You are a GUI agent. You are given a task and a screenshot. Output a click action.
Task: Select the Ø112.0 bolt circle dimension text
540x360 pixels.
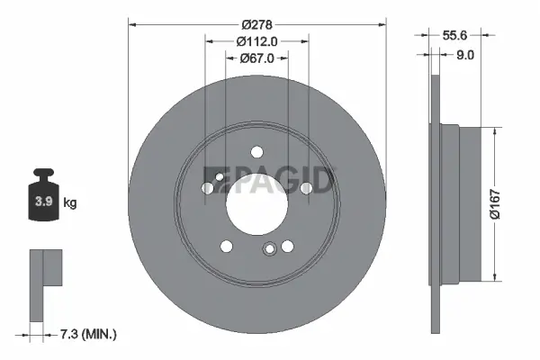tap(256, 40)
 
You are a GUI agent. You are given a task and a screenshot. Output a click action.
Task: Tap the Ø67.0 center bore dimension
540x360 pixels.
tap(256, 58)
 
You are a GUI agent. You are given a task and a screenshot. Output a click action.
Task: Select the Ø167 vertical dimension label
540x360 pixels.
tap(509, 204)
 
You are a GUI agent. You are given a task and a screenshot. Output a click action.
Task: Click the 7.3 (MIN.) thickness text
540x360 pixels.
tap(86, 334)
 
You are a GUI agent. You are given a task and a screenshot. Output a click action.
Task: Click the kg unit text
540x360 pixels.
tap(70, 203)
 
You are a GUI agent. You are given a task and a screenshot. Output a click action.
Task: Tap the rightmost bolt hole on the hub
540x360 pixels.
tap(306, 187)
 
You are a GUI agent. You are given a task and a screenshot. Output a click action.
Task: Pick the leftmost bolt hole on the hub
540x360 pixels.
tap(208, 188)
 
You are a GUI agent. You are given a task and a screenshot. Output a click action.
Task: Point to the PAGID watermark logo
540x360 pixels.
tap(270, 182)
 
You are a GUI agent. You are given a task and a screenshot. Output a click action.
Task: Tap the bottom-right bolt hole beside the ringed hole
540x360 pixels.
tap(287, 246)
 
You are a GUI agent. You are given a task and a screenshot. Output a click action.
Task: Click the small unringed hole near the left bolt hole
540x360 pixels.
tap(219, 179)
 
